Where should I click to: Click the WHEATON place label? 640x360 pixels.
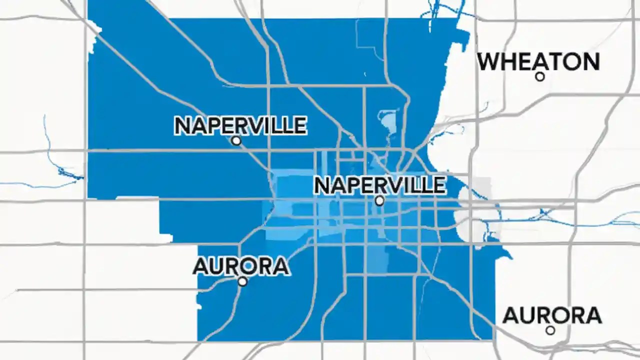point(538,61)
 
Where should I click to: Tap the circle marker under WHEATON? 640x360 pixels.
point(539,76)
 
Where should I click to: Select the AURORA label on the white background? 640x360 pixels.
point(551,315)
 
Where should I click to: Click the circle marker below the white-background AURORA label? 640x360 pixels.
point(550,330)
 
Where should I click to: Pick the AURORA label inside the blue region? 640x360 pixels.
point(241,266)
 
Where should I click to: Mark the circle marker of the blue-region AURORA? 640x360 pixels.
point(242,281)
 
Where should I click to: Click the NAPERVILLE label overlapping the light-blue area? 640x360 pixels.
point(379,185)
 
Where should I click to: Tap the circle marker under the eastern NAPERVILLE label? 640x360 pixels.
point(379,200)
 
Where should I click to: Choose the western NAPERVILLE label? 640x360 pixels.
point(240,125)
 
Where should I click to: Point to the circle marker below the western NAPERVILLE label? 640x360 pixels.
point(236,141)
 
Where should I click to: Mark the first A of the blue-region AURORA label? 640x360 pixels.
point(200,266)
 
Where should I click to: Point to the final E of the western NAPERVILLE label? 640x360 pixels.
point(299,125)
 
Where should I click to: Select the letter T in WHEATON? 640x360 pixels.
point(553,61)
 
